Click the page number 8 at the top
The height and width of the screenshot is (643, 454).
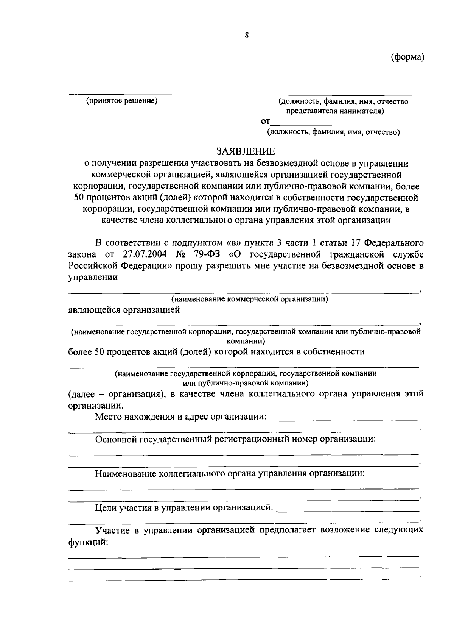click(x=246, y=35)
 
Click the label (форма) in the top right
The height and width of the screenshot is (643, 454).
click(x=407, y=57)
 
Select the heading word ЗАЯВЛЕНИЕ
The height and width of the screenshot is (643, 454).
click(x=246, y=151)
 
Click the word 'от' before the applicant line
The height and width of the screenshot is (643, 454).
click(x=266, y=122)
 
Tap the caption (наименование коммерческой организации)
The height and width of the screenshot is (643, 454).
click(x=249, y=299)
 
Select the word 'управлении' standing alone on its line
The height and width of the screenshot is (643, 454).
click(x=93, y=277)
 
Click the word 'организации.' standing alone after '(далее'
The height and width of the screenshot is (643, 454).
click(x=95, y=405)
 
